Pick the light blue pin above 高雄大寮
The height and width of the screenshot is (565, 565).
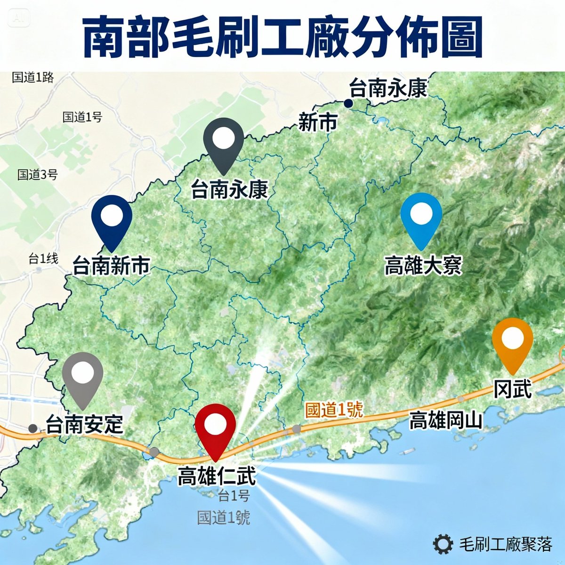pyautogui.click(x=421, y=215)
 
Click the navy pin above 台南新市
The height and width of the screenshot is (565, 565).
pyautogui.click(x=112, y=217)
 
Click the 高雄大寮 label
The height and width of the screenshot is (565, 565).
pyautogui.click(x=423, y=266)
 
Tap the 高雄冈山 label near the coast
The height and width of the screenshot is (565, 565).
pyautogui.click(x=445, y=420)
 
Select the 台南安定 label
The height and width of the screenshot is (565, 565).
pyautogui.click(x=84, y=425)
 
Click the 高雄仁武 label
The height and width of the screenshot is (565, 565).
pyautogui.click(x=217, y=476)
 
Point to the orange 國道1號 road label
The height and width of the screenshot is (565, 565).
pyautogui.click(x=334, y=410)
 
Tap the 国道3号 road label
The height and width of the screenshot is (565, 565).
pyautogui.click(x=38, y=175)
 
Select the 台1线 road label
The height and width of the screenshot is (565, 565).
pyautogui.click(x=43, y=258)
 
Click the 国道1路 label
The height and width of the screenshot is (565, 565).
pyautogui.click(x=33, y=77)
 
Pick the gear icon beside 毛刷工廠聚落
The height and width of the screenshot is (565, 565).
pyautogui.click(x=443, y=544)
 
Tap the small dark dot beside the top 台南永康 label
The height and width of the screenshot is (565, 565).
pyautogui.click(x=348, y=103)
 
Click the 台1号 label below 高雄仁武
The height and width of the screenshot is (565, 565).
pyautogui.click(x=234, y=495)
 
